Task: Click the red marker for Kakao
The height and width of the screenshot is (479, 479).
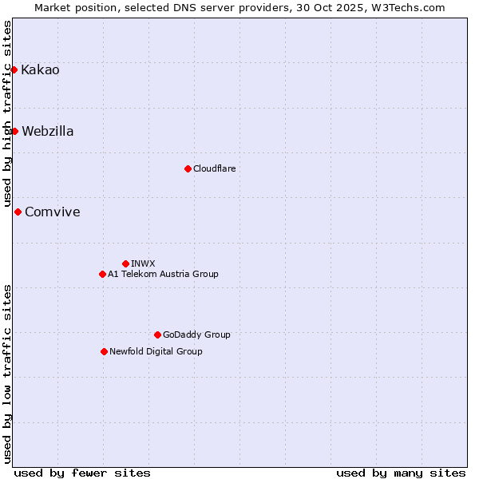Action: click(x=14, y=70)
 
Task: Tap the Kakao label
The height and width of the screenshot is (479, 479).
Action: click(x=40, y=70)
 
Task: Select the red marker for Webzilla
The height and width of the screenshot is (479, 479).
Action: click(x=14, y=131)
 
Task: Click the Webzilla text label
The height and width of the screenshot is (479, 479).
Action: click(x=48, y=132)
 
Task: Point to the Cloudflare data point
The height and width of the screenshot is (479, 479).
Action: click(x=188, y=168)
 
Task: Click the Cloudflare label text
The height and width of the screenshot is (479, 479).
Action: click(x=214, y=168)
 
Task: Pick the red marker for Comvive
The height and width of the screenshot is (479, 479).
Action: click(x=18, y=212)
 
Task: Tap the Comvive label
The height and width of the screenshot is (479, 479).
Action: click(x=53, y=212)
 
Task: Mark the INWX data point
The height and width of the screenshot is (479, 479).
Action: click(x=125, y=263)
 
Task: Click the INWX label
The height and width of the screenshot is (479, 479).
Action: click(x=143, y=263)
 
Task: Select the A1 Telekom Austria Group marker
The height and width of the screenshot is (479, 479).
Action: click(x=102, y=274)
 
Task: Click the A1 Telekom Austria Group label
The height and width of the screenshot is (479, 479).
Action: click(x=163, y=274)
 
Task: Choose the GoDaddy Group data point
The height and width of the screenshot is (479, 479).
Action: click(x=157, y=335)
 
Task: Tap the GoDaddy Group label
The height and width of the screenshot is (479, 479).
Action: click(x=196, y=335)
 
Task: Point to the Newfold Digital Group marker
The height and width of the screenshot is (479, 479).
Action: click(x=104, y=351)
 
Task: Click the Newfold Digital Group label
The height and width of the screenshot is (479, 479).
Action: click(x=156, y=351)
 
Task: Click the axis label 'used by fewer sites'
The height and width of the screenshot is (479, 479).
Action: click(x=82, y=473)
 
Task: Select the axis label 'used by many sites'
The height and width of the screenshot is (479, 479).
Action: click(x=401, y=473)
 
